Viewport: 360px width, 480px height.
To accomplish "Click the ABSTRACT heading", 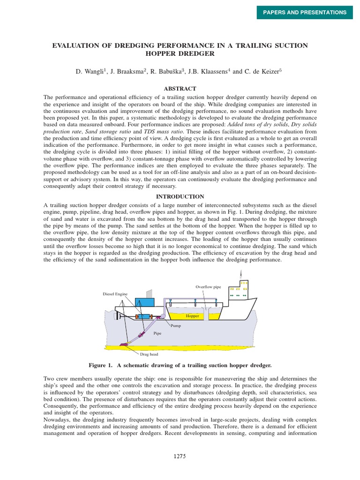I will [x=180, y=89].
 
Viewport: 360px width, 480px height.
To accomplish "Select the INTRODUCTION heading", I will [x=180, y=196].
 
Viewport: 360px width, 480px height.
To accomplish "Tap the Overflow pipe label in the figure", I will [x=208, y=286].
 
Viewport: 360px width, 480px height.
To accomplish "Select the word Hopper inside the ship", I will [x=192, y=316].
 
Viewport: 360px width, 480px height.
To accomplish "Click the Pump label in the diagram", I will [x=176, y=325].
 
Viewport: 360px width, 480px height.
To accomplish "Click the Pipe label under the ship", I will [x=157, y=333].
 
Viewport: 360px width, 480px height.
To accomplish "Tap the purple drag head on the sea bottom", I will [x=124, y=345].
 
